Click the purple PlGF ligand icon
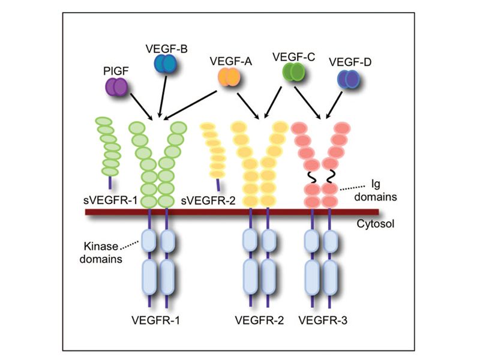coord(115,87)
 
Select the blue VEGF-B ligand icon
coord(164,64)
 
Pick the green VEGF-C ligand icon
coord(293,73)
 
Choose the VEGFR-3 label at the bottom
coord(324,320)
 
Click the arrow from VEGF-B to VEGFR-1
coord(161,96)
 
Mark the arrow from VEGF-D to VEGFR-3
coord(336,103)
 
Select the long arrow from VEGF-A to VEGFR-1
coord(192,103)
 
